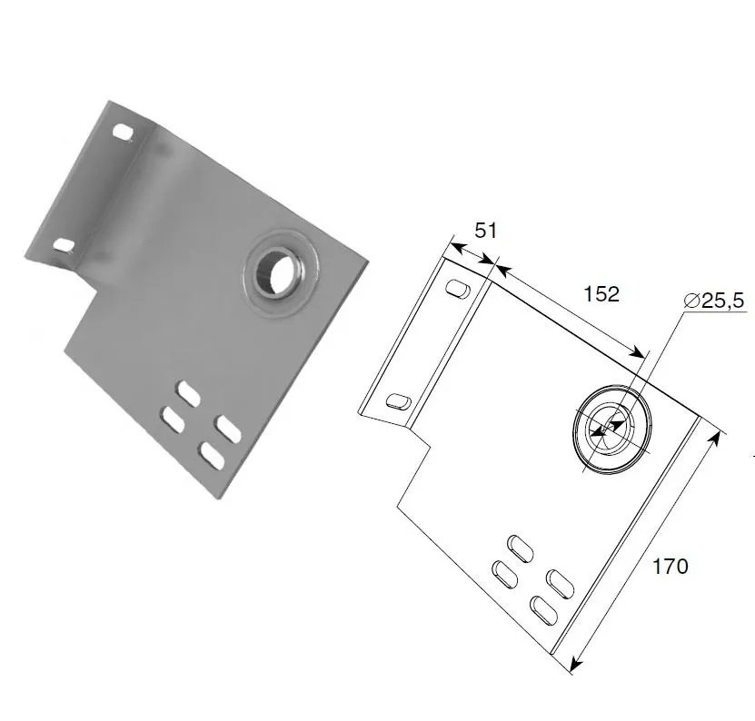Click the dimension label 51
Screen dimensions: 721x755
(487, 231)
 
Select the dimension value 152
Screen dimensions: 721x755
(601, 293)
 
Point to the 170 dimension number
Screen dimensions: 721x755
(671, 567)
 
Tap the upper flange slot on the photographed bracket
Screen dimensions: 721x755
(123, 133)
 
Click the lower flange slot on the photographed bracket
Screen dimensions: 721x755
(64, 244)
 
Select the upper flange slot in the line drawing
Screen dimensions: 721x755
(457, 290)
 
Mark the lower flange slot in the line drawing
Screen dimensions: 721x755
(399, 400)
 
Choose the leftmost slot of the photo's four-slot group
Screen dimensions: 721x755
(172, 419)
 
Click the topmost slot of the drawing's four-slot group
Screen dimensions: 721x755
(521, 547)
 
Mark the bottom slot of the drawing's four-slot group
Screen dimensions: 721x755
(542, 608)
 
